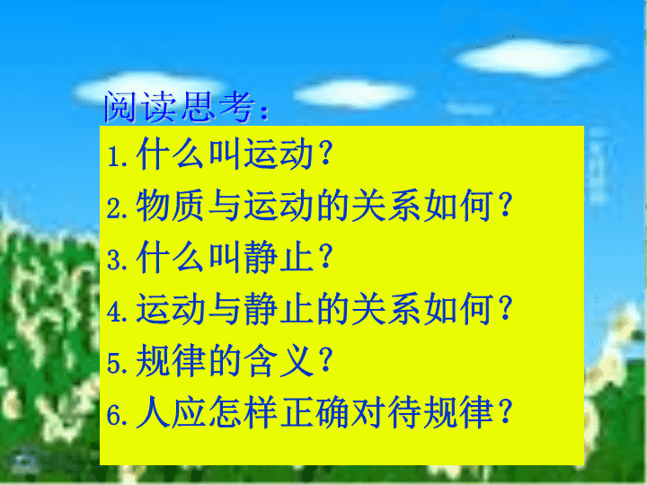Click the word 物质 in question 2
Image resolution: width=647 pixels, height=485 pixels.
pyautogui.click(x=170, y=205)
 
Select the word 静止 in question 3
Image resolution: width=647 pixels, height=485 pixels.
pyautogui.click(x=279, y=257)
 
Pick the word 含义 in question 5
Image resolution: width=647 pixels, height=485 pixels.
pyautogui.click(x=279, y=360)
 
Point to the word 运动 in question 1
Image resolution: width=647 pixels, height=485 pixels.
pyautogui.click(x=279, y=154)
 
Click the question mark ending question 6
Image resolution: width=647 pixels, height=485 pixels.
pyautogui.click(x=505, y=411)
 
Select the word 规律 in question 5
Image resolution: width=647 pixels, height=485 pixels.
pyautogui.click(x=171, y=360)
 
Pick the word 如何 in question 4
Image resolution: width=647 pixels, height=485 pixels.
pyautogui.click(x=458, y=308)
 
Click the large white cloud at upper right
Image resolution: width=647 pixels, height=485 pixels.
pyautogui.click(x=532, y=57)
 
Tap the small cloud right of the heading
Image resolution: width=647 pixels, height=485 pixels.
pyautogui.click(x=354, y=94)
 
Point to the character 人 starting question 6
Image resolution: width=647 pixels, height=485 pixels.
pyautogui.click(x=153, y=411)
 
